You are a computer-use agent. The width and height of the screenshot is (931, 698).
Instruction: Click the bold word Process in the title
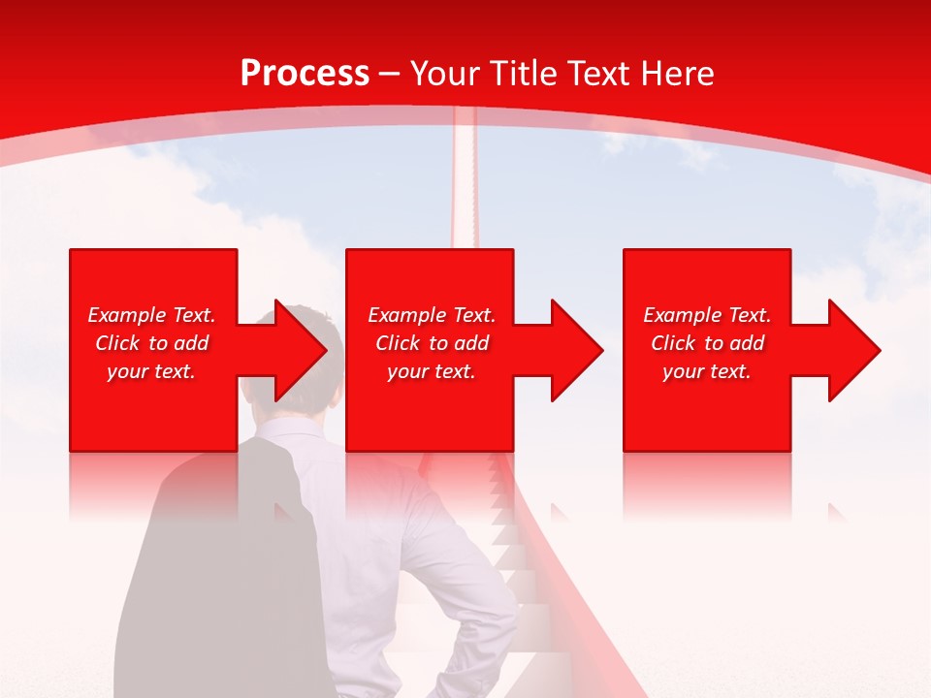[305, 74]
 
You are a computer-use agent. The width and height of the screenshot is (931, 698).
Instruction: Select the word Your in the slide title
[446, 74]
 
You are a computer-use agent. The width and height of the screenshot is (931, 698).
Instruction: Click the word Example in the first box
[126, 315]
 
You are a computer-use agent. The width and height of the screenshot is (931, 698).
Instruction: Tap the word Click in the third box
[674, 343]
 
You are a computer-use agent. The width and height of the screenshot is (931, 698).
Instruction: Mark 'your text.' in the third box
[707, 371]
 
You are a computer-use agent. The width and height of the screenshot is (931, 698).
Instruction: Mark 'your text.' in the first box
[151, 371]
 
